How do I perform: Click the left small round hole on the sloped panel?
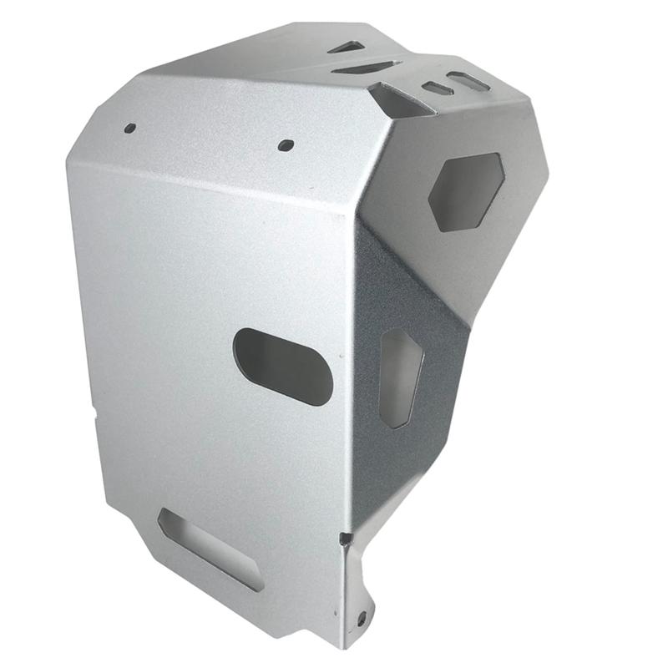129,129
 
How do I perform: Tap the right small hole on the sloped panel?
286,144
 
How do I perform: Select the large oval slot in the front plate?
282,367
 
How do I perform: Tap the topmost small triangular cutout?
348,47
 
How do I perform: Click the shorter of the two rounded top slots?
438,88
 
